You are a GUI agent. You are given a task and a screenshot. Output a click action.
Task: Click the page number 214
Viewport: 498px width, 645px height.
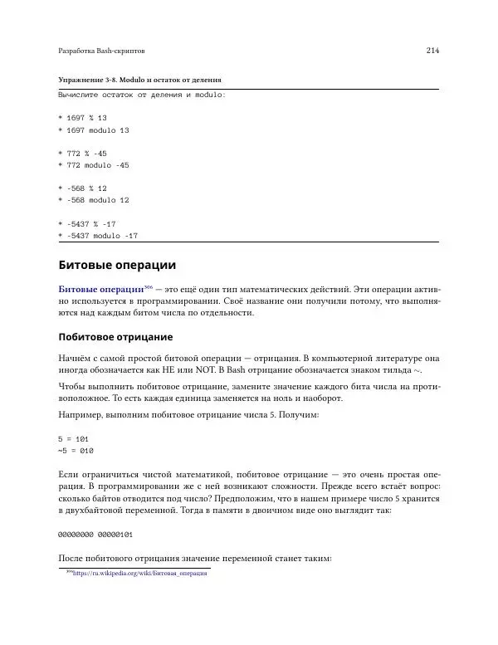click(x=432, y=51)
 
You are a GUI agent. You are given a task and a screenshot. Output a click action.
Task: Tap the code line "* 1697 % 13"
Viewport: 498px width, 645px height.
click(x=82, y=118)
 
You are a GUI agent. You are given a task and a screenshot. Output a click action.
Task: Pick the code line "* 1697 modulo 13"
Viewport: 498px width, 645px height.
click(x=93, y=130)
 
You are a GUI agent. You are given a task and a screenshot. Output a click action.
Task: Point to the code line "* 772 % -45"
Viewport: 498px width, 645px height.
click(x=82, y=154)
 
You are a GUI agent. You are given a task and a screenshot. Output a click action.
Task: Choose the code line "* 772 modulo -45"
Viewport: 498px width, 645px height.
click(x=93, y=165)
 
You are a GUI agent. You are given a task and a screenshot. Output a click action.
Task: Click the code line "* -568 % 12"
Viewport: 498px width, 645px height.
click(x=82, y=188)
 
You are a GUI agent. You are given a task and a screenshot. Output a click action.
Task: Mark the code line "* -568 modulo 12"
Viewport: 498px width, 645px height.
click(x=93, y=200)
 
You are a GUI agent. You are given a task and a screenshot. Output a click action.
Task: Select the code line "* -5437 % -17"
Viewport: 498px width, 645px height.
click(x=86, y=224)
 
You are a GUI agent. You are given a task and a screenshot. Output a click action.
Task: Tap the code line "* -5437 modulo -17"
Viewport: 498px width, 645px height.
click(x=97, y=236)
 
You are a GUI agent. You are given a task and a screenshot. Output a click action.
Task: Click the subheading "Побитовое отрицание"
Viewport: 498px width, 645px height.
click(x=115, y=337)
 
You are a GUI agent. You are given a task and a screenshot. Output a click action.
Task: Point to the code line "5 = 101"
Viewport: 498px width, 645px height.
click(x=73, y=437)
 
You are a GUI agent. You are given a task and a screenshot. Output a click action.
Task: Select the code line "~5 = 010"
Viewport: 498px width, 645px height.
click(x=76, y=450)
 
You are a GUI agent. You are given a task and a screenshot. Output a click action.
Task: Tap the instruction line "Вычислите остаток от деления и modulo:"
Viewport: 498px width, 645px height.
click(x=141, y=95)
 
